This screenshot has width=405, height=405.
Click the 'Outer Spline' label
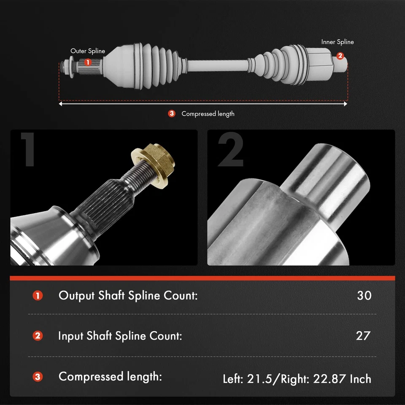point(87,51)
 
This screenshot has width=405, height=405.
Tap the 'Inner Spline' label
point(337,42)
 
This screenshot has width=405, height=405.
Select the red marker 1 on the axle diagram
point(87,62)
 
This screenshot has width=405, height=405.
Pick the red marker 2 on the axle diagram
point(340,56)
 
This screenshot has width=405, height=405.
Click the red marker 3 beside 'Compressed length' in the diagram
point(171,113)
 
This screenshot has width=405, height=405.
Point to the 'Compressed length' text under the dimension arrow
point(208,113)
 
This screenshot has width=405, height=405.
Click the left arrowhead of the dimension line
point(61,103)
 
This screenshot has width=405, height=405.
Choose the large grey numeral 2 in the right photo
point(230,151)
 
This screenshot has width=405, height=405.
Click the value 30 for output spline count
point(364,295)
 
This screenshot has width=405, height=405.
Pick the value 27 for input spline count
point(363,335)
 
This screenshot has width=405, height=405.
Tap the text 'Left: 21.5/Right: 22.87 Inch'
point(297,378)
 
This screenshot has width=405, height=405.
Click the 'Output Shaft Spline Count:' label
point(128,295)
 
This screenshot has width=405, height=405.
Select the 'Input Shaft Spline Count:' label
point(120,336)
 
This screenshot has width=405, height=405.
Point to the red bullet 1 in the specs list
point(38,295)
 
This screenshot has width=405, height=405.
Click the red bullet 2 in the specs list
point(38,336)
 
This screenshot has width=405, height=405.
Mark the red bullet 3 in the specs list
point(38,376)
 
